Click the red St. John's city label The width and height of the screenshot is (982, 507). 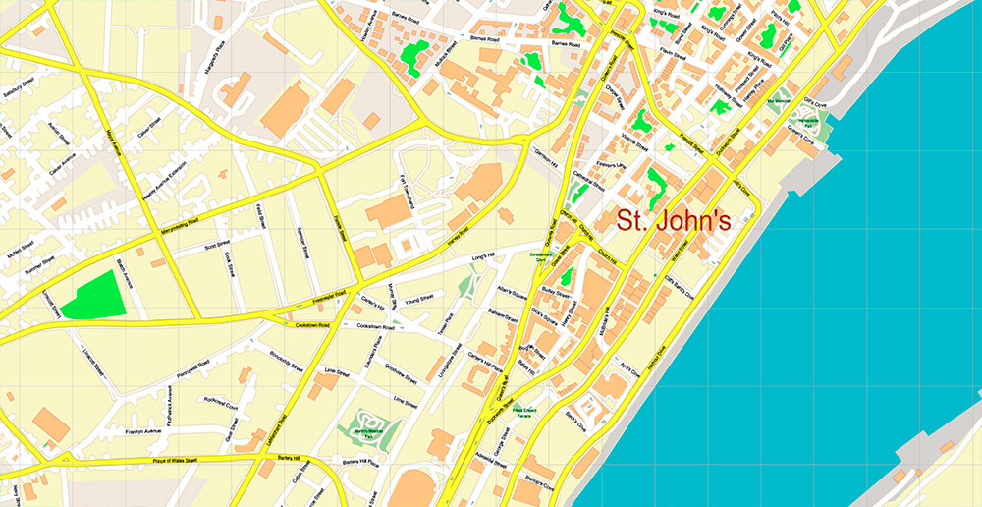point(674,221)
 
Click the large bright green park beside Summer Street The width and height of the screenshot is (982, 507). point(95,295)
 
